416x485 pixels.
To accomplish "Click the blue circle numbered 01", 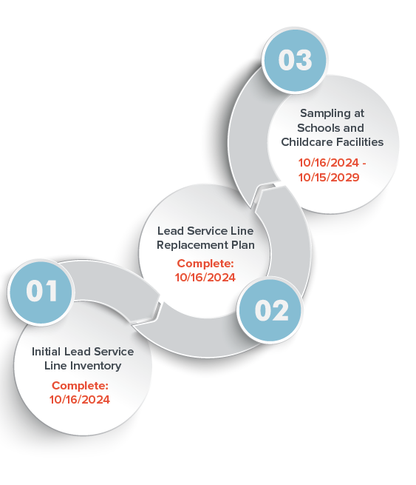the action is coord(41,292).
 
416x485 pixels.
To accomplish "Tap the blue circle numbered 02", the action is coord(270,310).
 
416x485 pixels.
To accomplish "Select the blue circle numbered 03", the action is coord(295,60).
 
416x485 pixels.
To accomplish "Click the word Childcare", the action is coord(307,142).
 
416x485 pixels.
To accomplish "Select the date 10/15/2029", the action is coord(329,177).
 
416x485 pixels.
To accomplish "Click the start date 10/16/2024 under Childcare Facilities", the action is coord(329,163).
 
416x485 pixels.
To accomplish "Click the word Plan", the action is coord(243,245).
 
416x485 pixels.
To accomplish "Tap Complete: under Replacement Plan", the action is coord(205,264).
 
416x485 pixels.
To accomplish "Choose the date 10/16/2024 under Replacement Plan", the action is coord(205,278).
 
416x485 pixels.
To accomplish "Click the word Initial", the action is coord(46,352).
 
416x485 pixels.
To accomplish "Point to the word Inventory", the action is coord(95,366).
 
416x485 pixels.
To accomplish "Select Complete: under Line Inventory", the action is coord(80,386).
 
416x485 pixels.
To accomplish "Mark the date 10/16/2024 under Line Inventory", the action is coord(80,400).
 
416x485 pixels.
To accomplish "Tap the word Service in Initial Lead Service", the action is coord(114,352).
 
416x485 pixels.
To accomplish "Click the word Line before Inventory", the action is coord(55,366).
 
